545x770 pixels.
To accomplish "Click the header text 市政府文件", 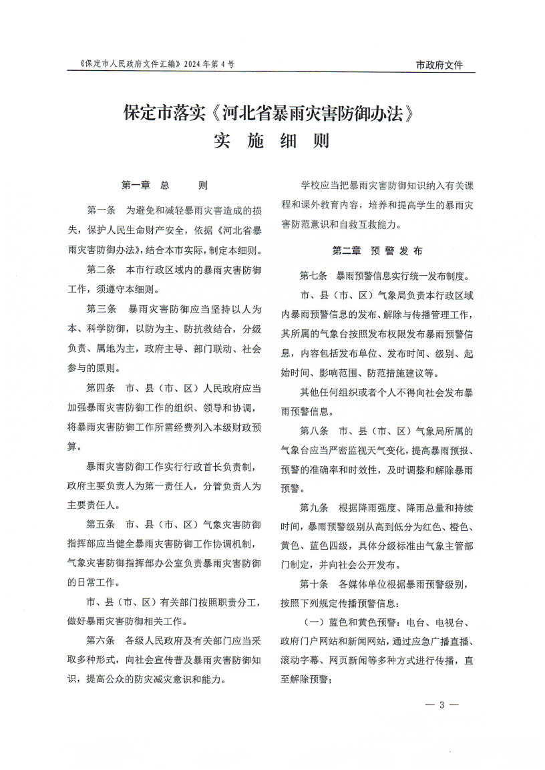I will [439, 65].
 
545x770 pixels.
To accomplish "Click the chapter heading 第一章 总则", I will [164, 184].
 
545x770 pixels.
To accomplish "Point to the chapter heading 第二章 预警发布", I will [377, 251].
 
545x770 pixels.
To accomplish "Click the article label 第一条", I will [101, 210].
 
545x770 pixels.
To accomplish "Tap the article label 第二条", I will [101, 270].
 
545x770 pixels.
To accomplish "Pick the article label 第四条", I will [101, 387].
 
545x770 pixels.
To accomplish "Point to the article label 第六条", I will [101, 640].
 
